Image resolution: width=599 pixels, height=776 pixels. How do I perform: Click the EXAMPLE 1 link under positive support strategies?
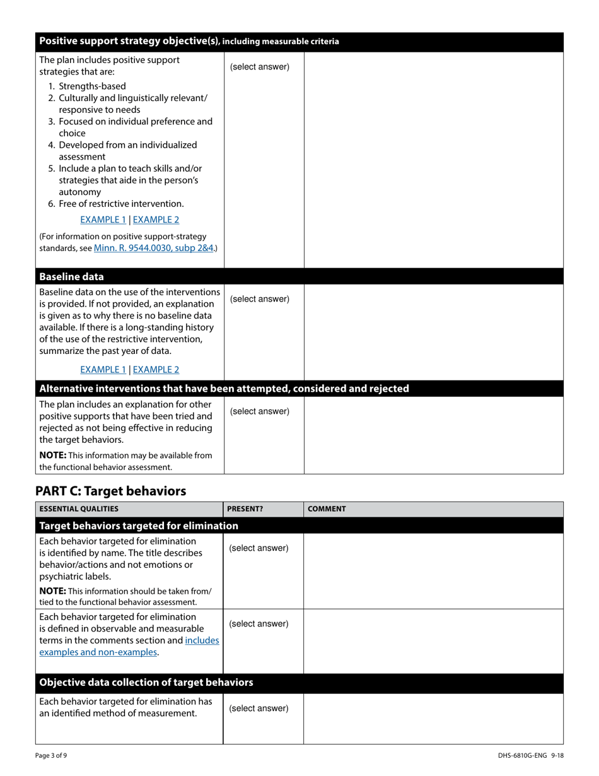click(103, 220)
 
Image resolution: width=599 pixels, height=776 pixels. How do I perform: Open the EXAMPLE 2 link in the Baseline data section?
click(156, 370)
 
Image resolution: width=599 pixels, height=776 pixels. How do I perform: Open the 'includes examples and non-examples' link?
click(129, 646)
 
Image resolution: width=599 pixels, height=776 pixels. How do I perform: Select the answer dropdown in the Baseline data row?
click(260, 299)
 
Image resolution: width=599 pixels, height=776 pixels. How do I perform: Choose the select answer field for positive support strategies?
click(260, 67)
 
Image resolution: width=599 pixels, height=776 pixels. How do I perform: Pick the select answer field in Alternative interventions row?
click(260, 411)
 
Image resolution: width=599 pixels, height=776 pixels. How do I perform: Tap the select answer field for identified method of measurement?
click(259, 708)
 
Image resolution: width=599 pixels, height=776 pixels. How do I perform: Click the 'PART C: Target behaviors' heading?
click(111, 491)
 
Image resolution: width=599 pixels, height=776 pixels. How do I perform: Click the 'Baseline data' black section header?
click(72, 277)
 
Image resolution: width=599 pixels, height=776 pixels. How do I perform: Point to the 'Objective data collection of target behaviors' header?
click(146, 683)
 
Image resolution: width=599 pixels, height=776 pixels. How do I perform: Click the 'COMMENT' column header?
click(327, 509)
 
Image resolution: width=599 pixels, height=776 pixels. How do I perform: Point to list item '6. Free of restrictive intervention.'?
click(116, 204)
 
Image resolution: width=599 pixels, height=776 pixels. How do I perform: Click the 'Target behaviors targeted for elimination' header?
click(139, 526)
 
